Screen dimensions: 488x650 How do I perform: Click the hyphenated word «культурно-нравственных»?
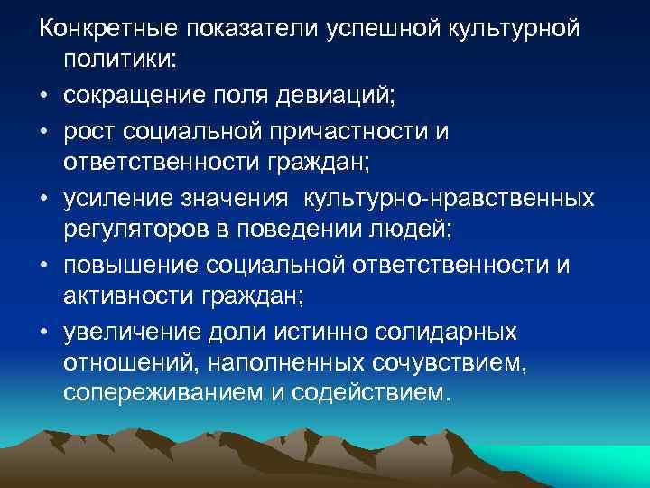point(461,196)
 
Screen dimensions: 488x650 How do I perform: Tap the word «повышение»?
point(129,264)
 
